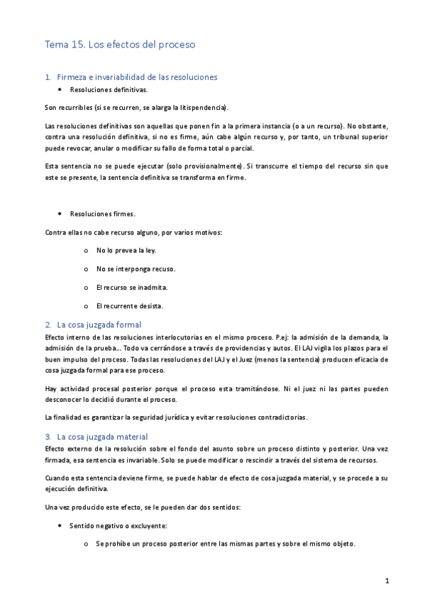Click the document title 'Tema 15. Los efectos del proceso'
point(120,45)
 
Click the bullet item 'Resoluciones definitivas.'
point(109,91)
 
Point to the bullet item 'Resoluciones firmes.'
point(102,213)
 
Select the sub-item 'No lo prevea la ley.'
point(126,250)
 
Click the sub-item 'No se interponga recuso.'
point(136,269)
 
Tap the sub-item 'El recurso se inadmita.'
point(133,287)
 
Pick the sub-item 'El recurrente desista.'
point(130,305)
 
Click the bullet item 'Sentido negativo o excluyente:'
point(118,527)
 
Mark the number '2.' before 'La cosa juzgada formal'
point(48,324)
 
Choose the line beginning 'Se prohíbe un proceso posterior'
point(226,544)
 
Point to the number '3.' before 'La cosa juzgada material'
point(48,437)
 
